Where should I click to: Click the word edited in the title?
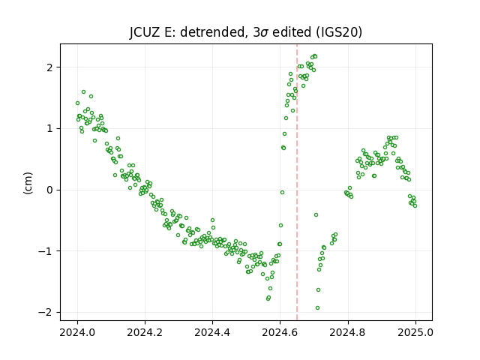tap(292, 31)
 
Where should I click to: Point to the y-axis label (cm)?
tap(28, 183)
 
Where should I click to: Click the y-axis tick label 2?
tap(50, 67)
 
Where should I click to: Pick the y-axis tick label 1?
tap(50, 128)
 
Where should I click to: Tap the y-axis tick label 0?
tap(50, 190)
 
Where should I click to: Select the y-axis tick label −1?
tap(46, 251)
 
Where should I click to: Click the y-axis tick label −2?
tap(46, 312)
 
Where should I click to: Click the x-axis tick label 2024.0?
tap(77, 332)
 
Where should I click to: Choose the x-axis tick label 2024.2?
tap(145, 332)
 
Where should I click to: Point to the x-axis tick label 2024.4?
tap(212, 332)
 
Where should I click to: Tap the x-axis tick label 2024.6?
tap(280, 332)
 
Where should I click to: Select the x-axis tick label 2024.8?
tap(348, 332)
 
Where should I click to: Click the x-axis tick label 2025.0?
tap(415, 332)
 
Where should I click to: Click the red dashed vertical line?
tap(297, 182)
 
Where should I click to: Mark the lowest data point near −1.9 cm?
tap(317, 308)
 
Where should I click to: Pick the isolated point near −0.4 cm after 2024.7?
tap(316, 215)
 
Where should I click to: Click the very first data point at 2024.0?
tap(77, 103)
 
